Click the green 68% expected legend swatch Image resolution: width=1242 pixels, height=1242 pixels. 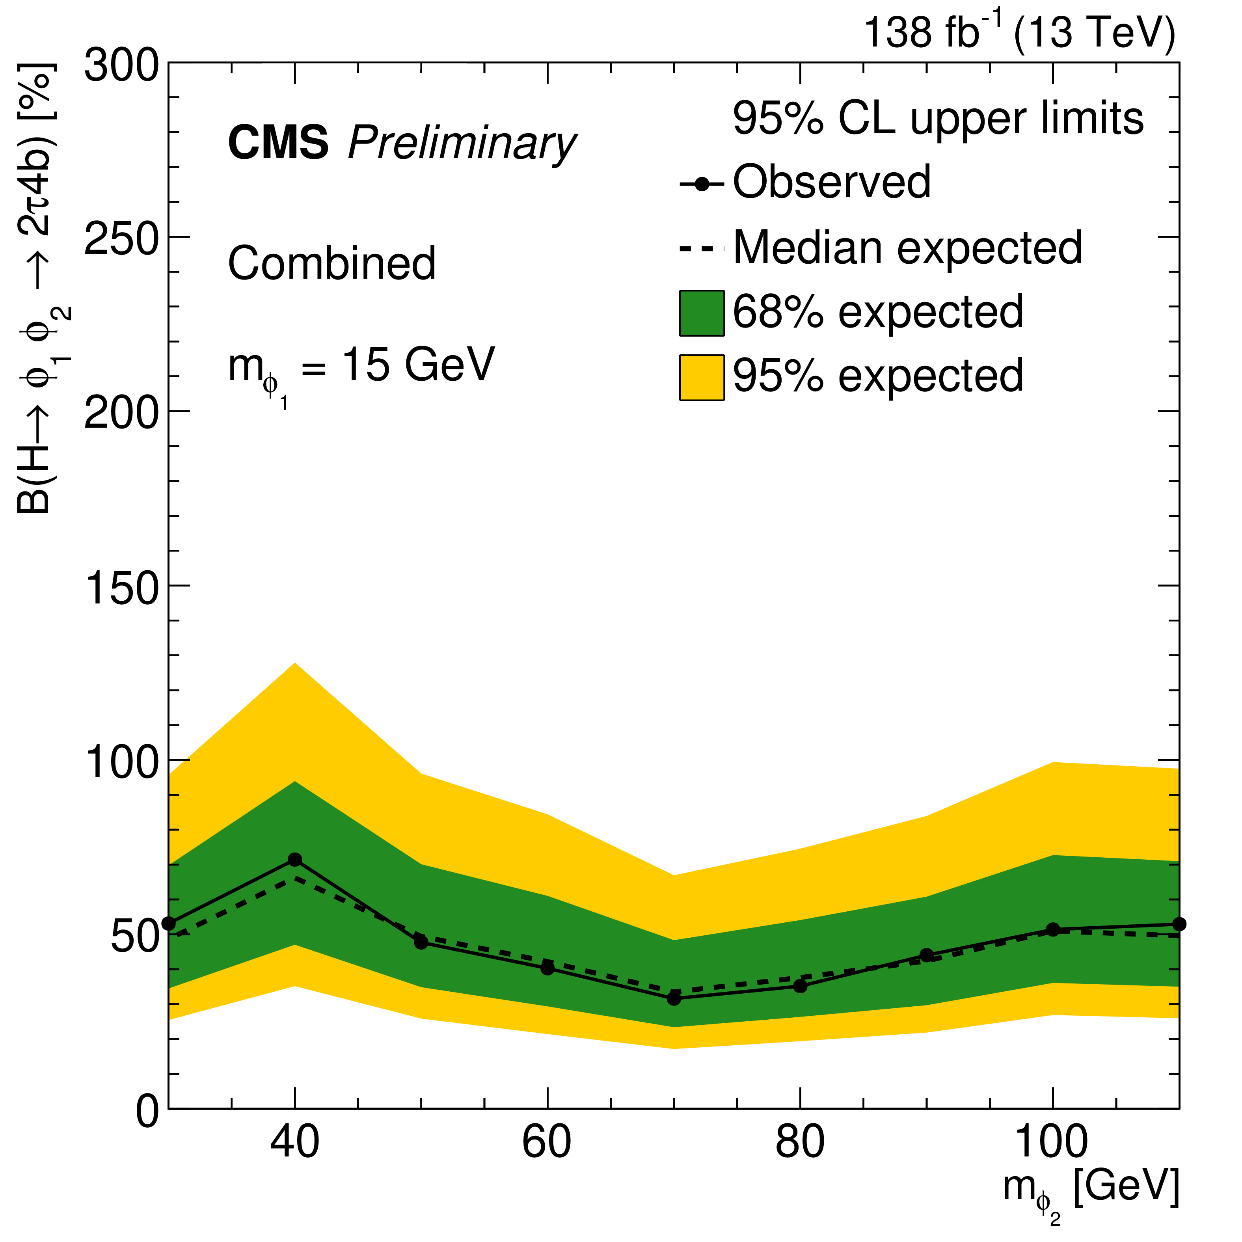click(x=702, y=313)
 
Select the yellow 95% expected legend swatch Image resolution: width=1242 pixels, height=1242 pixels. click(x=702, y=377)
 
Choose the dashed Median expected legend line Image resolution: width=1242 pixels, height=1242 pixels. click(x=702, y=248)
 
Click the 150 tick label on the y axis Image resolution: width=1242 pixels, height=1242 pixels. click(x=121, y=587)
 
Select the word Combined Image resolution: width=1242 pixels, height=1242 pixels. click(x=332, y=264)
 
